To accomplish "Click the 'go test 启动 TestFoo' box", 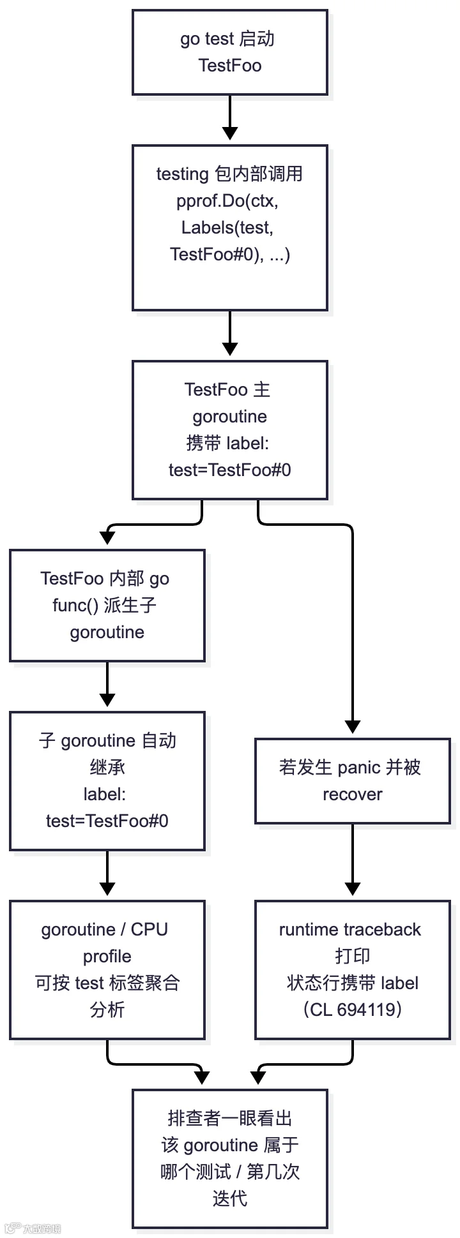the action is [x=230, y=52].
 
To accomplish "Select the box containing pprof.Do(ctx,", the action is [x=230, y=228].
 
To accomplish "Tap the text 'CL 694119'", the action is [x=353, y=1009].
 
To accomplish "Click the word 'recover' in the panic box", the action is [x=353, y=794].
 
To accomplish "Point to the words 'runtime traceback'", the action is [x=350, y=929].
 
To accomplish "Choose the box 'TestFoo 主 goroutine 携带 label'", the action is [x=230, y=430].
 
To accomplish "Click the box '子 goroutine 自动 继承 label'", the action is [x=107, y=781].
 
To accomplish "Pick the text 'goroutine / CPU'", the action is [x=105, y=929].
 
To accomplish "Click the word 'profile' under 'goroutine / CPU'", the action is [x=107, y=957].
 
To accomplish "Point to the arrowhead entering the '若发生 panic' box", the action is [x=353, y=727].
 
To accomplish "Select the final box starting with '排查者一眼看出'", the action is [x=230, y=1159].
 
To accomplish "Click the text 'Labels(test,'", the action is [x=227, y=228].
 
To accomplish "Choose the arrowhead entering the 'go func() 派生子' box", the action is [x=107, y=538].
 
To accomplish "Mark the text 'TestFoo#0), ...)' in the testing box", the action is [x=230, y=255].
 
